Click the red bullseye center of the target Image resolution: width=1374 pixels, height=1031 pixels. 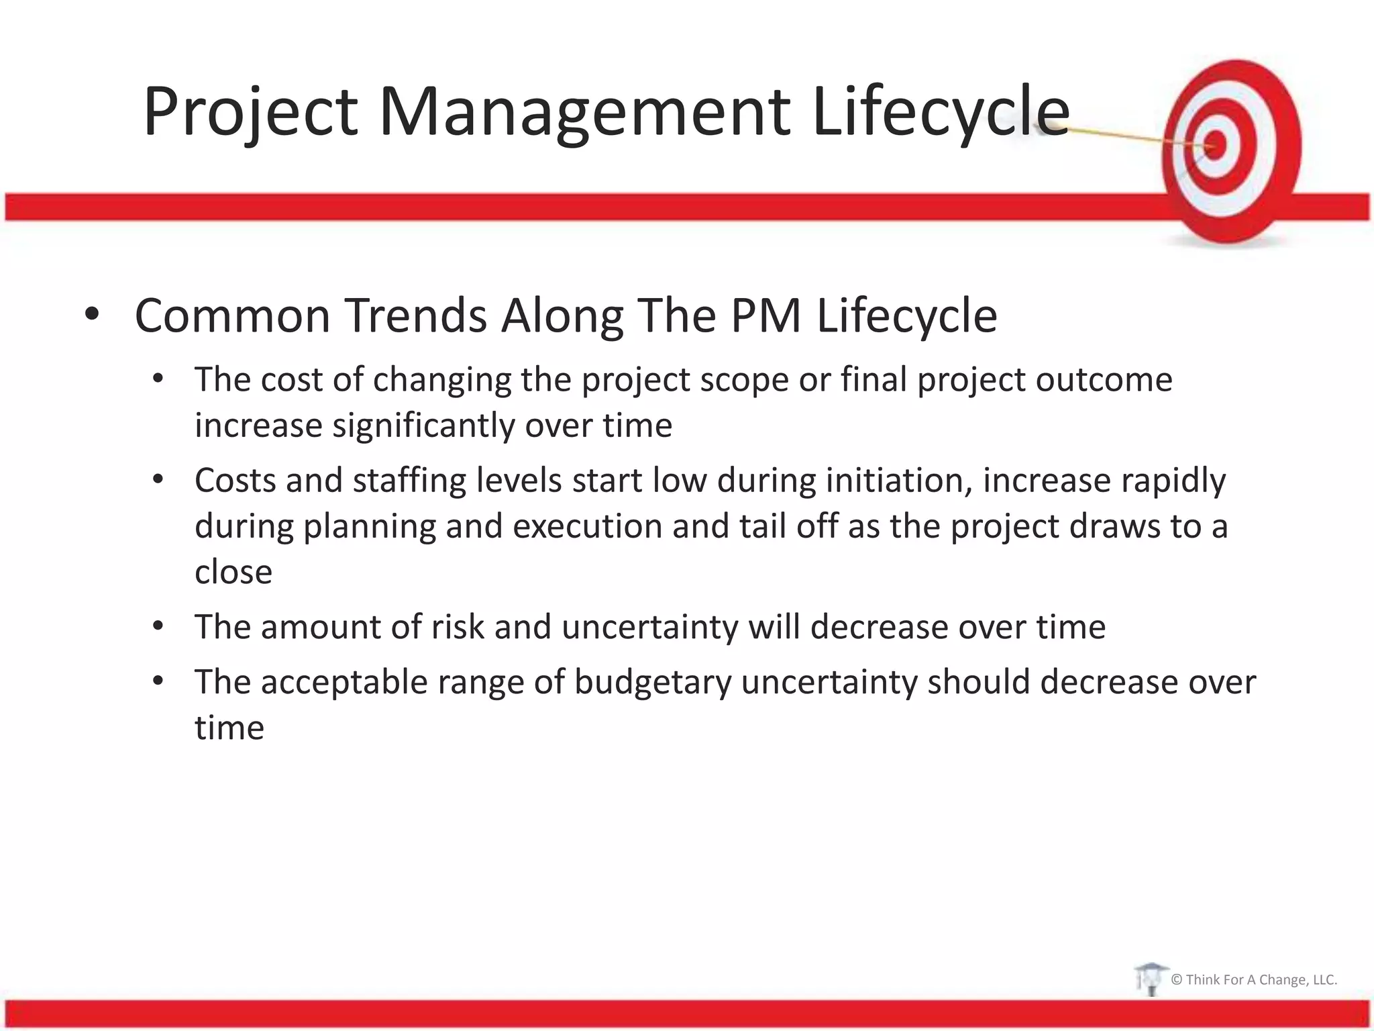[1216, 144]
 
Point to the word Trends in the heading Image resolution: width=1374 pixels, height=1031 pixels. [416, 315]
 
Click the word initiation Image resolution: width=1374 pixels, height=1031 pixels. [899, 481]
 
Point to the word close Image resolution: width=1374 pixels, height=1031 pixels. [233, 572]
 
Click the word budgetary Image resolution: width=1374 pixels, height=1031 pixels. [653, 682]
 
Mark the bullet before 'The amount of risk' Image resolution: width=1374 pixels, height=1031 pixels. [158, 626]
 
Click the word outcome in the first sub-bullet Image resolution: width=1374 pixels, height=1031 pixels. [1104, 380]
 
